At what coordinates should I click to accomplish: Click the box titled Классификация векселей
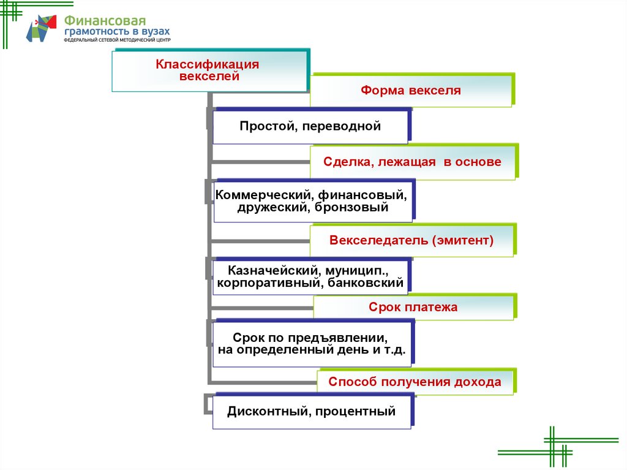pyautogui.click(x=208, y=71)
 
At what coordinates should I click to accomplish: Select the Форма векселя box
pyautogui.click(x=410, y=91)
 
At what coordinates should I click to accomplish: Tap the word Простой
pyautogui.click(x=260, y=126)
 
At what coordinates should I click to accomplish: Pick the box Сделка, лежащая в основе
pyautogui.click(x=413, y=162)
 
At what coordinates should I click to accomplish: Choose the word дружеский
pyautogui.click(x=265, y=207)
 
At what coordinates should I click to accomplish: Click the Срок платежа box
pyautogui.click(x=413, y=307)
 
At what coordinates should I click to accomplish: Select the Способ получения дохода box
pyautogui.click(x=415, y=382)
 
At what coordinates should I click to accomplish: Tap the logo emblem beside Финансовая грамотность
pyautogui.click(x=41, y=29)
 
